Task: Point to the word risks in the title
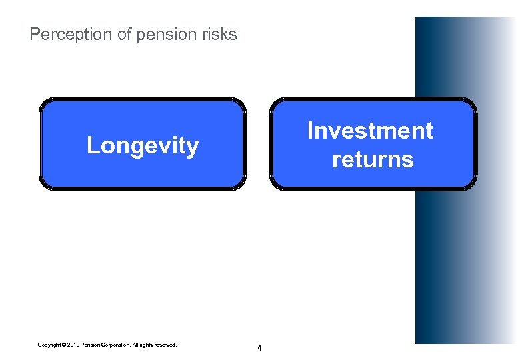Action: (217, 35)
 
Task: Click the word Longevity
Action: (143, 145)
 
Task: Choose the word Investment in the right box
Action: (370, 131)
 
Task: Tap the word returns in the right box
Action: (373, 159)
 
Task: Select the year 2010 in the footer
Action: (74, 345)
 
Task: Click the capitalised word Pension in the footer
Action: (91, 345)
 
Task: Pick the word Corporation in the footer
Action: (115, 345)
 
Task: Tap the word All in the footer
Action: (135, 345)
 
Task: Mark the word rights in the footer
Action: (147, 345)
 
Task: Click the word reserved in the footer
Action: (166, 345)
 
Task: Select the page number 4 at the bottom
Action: (259, 348)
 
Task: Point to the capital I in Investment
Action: (310, 131)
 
